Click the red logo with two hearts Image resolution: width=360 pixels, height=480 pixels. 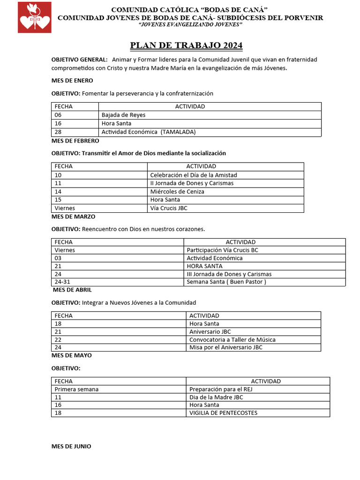tap(35, 17)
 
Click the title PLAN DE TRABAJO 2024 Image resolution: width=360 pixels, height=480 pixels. tap(186, 45)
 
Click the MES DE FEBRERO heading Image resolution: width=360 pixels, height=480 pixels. tap(75, 141)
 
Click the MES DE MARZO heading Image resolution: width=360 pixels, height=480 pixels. tap(74, 217)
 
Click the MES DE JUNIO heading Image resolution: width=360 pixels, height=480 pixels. tap(71, 446)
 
